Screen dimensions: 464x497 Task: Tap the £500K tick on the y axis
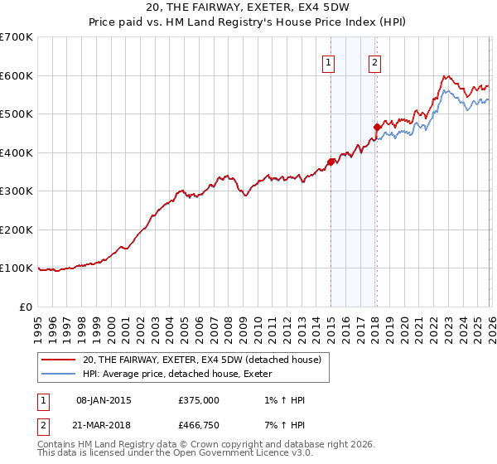point(17,114)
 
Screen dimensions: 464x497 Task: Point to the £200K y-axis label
point(17,230)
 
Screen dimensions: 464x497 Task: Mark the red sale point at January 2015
point(331,162)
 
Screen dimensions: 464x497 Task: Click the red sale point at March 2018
point(377,127)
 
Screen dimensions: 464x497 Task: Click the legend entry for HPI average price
point(183,375)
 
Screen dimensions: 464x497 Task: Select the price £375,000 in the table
point(199,400)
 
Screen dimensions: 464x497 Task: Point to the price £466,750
point(199,425)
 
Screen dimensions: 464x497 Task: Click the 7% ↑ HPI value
point(282,425)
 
